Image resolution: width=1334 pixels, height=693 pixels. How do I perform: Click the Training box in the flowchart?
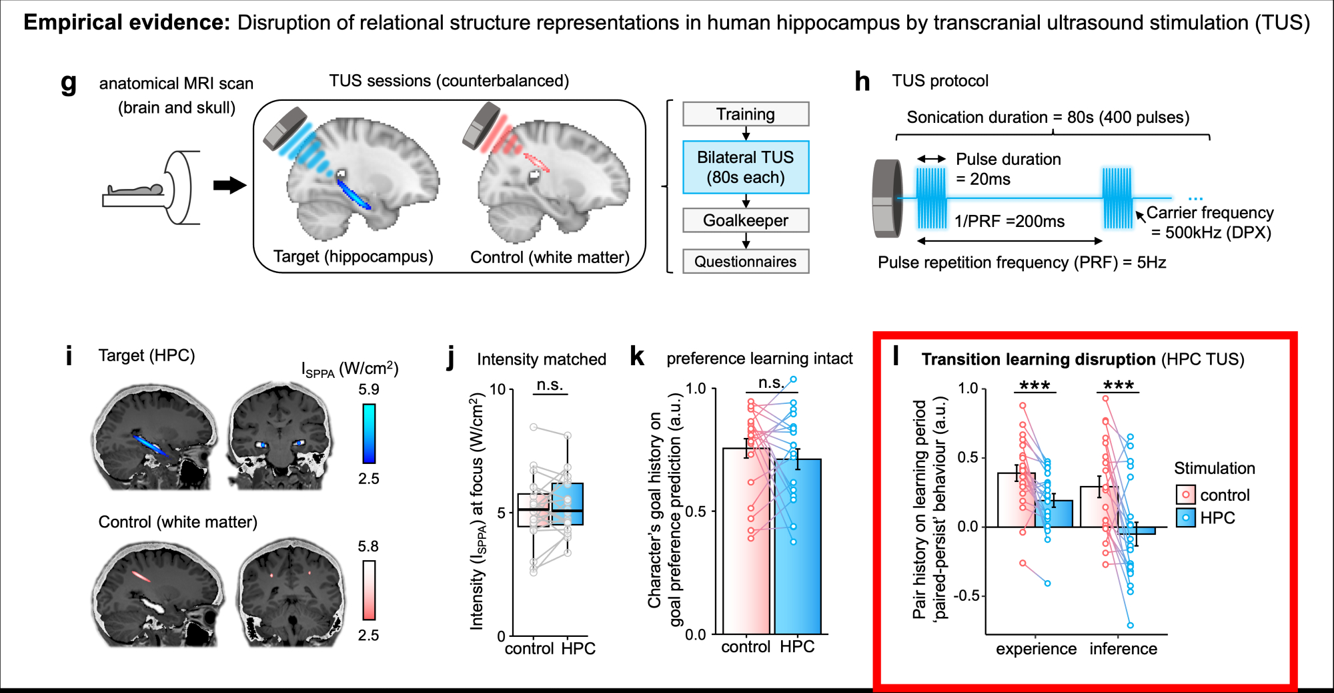746,114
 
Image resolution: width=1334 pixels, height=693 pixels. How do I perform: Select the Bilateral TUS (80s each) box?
746,167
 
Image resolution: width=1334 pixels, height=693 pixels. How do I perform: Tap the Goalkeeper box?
746,220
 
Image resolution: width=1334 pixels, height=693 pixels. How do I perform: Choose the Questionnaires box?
746,262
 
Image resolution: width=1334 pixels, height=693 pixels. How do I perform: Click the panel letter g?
68,83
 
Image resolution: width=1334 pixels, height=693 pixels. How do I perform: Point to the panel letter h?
862,81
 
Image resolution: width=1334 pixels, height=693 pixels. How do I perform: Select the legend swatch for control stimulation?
1185,495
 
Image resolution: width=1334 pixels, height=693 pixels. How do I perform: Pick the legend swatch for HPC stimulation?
1185,518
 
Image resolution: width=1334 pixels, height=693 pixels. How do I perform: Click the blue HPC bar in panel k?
798,547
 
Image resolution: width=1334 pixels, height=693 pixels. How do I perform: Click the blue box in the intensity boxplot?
568,504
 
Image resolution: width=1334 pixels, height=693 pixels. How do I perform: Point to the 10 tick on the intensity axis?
498,389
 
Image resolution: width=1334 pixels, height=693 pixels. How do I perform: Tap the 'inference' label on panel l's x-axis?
1123,649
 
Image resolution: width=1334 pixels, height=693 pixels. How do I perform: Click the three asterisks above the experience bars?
1035,386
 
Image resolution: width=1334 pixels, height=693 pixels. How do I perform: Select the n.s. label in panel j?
550,385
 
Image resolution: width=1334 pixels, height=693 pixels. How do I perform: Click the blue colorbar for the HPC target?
369,433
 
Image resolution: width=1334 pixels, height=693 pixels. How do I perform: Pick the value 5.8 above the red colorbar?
368,546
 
